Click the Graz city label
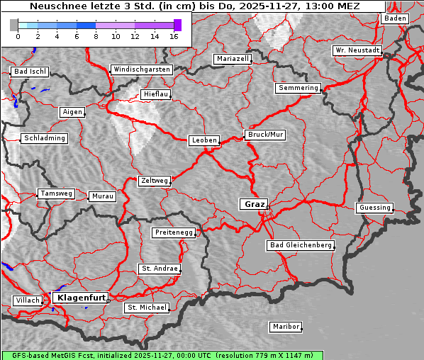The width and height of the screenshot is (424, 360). (255, 204)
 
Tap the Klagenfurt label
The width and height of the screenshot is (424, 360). (81, 298)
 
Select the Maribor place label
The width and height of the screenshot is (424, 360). (286, 327)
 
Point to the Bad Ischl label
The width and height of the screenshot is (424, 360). (30, 72)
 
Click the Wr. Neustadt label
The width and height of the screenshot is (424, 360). (357, 51)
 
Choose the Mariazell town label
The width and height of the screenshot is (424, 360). (233, 59)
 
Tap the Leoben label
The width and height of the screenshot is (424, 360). (204, 140)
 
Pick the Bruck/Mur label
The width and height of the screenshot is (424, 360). (265, 135)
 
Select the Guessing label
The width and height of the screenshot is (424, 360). (374, 208)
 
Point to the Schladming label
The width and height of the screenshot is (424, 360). (45, 138)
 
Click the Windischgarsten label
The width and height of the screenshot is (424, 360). (141, 69)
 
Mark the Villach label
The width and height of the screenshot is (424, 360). (27, 300)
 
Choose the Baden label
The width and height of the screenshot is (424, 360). (395, 18)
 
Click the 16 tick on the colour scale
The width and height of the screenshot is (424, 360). (174, 36)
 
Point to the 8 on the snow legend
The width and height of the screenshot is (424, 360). (96, 36)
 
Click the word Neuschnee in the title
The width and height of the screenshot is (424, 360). (55, 6)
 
